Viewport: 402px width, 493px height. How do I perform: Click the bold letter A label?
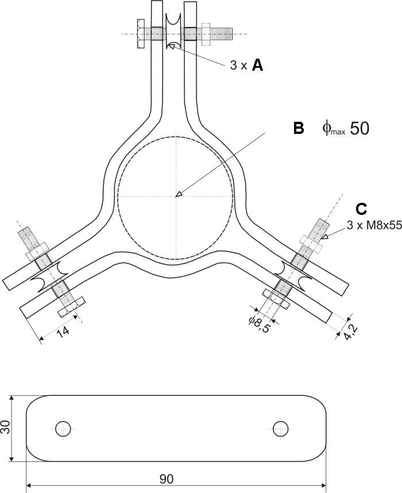point(258,66)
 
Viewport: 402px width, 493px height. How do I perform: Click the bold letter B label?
point(299,128)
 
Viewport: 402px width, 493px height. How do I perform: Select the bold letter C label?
point(362,209)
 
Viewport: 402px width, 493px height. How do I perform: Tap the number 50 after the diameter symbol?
point(359,129)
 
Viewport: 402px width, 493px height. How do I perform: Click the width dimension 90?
point(167,479)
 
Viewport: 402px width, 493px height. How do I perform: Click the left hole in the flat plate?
point(63,427)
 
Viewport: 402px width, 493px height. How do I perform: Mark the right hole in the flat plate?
point(280,427)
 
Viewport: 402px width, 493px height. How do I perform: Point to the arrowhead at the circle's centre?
point(179,194)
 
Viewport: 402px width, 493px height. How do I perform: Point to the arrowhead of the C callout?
point(324,236)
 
